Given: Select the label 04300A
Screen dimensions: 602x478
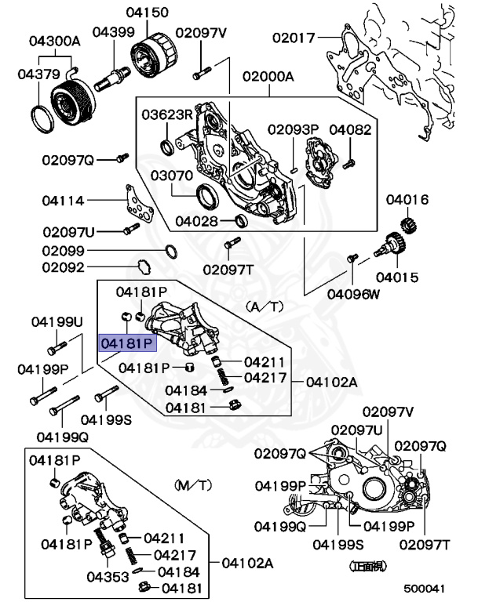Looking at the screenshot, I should coord(55,40).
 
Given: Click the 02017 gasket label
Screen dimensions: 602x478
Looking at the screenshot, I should coord(294,37).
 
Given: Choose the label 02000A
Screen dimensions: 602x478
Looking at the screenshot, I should coord(267,77).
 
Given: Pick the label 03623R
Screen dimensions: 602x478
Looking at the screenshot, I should coord(166,115).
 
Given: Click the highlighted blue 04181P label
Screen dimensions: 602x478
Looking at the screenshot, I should coord(126,343).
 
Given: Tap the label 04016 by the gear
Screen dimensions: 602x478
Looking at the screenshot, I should coord(407,200).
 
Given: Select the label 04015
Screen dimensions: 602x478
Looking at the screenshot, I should coord(396,277).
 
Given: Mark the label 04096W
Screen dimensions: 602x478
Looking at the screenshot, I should coord(353,295).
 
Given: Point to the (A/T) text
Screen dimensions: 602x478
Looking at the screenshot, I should coord(263,306).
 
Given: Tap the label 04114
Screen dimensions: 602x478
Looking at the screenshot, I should coord(63,200).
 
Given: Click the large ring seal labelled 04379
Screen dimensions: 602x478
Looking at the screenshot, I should coord(42,116).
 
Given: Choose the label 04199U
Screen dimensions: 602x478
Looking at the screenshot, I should coord(57,322).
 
